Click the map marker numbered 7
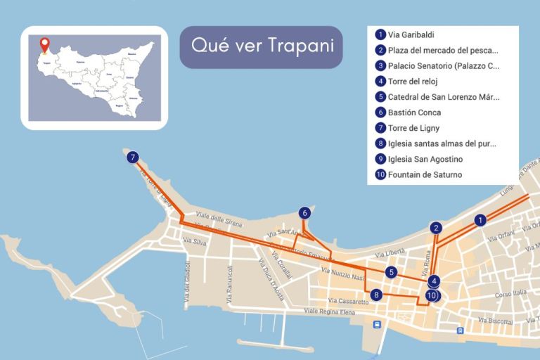coord(134,158)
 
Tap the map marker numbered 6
coord(304,212)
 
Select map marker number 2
coord(436,228)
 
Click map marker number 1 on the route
coord(480,220)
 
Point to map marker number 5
coord(392,272)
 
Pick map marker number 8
coord(377,295)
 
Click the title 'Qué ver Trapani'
coord(261,47)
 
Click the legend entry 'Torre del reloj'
coord(413,82)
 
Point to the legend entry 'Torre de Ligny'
coord(413,128)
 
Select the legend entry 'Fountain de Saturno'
coord(425,175)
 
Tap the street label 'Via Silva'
coord(194,241)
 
